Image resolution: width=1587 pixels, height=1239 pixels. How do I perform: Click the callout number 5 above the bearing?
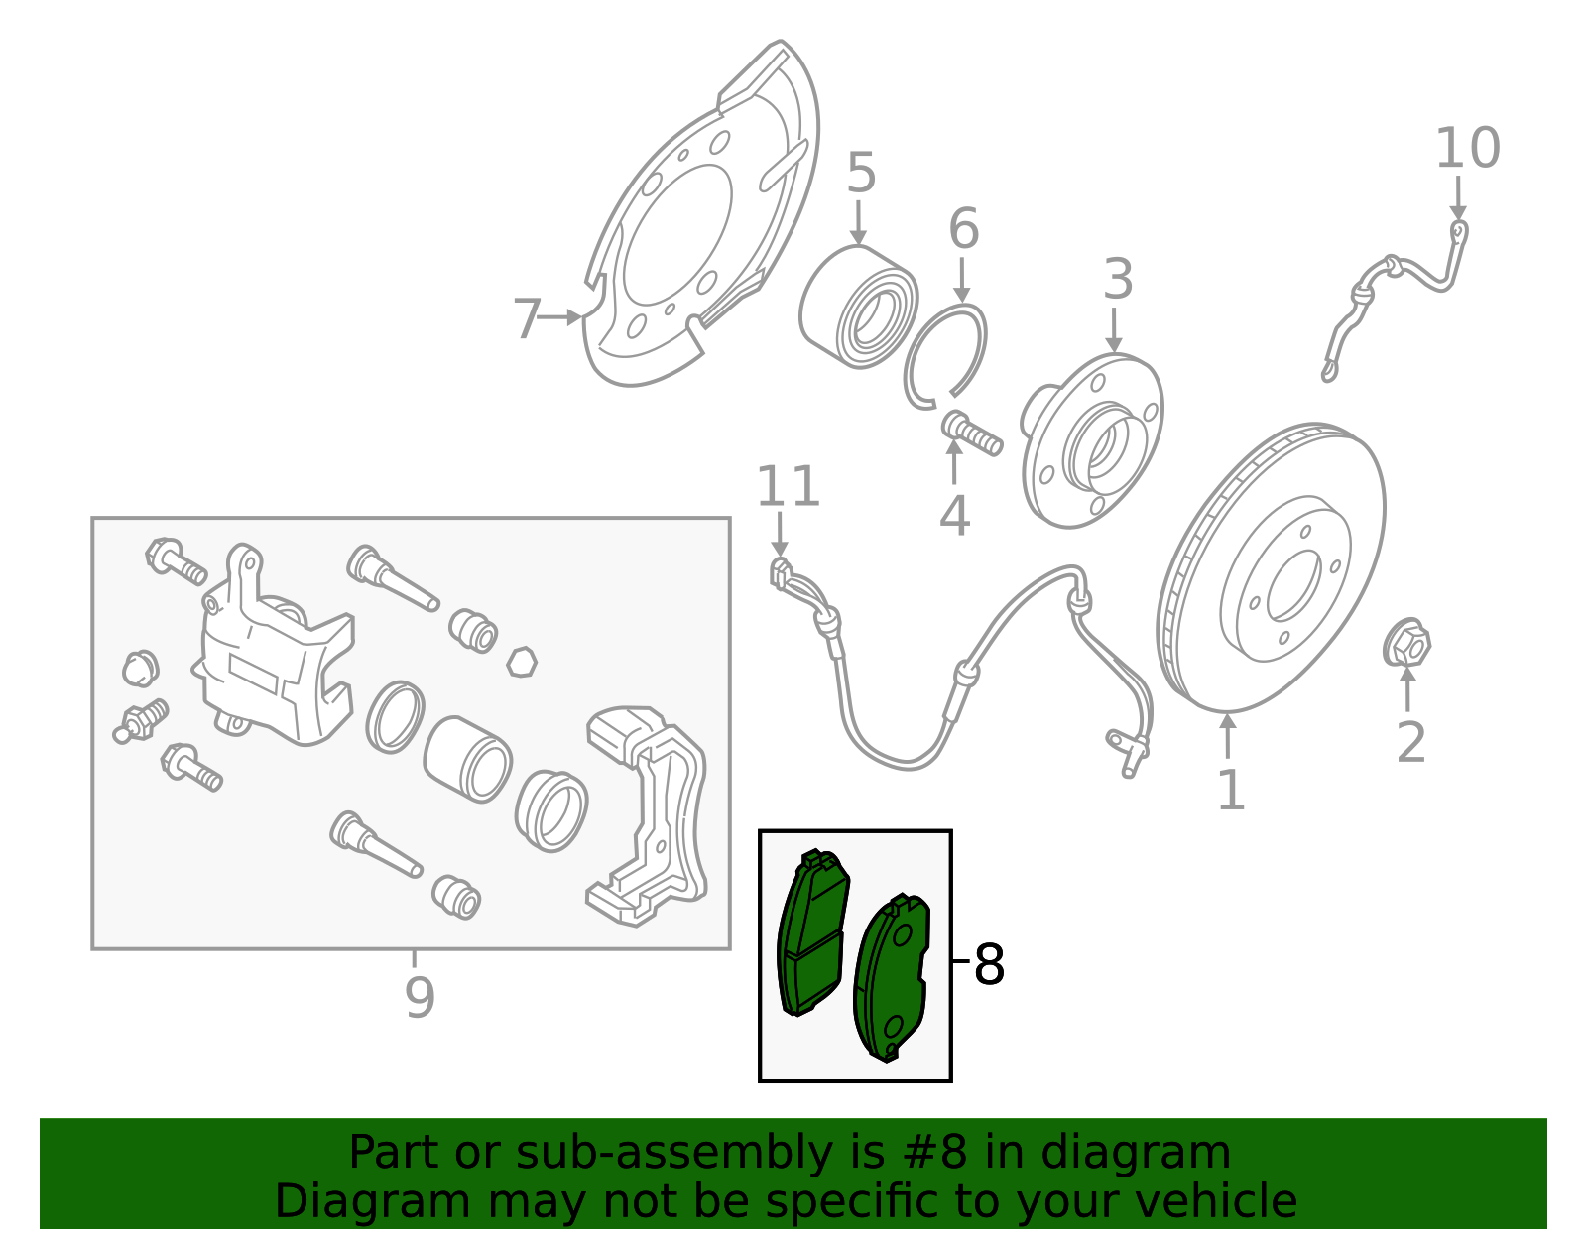pos(861,174)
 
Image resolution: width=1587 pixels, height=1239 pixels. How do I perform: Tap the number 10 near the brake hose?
pos(1467,149)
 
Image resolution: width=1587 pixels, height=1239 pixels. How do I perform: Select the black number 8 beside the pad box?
pos(989,964)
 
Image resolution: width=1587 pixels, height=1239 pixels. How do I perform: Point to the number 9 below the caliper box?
pos(420,997)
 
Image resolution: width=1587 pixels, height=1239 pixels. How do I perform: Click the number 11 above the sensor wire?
pos(789,487)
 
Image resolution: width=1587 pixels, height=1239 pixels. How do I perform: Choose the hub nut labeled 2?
pos(1406,646)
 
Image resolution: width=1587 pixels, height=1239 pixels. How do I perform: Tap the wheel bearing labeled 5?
pos(858,307)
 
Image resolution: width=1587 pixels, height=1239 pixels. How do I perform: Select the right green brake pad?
pos(892,977)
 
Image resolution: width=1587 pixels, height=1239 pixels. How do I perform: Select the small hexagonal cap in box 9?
pos(521,662)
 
